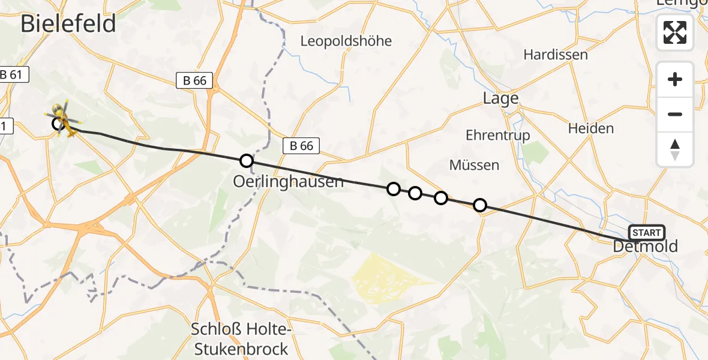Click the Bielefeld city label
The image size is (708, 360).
68,24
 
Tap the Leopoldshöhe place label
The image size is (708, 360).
346,41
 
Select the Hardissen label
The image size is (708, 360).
555,55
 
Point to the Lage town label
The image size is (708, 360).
500,98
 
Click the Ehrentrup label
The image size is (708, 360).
497,136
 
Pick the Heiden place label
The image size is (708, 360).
591,128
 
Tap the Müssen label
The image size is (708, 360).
474,165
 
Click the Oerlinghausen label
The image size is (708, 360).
289,181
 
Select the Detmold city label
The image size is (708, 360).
646,246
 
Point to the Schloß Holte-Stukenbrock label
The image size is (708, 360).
239,339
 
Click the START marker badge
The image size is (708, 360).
646,233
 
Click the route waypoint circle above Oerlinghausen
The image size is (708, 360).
246,160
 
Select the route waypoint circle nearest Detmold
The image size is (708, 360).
480,205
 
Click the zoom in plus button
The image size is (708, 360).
675,79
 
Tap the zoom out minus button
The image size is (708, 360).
675,114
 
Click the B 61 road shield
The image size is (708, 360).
12,75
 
